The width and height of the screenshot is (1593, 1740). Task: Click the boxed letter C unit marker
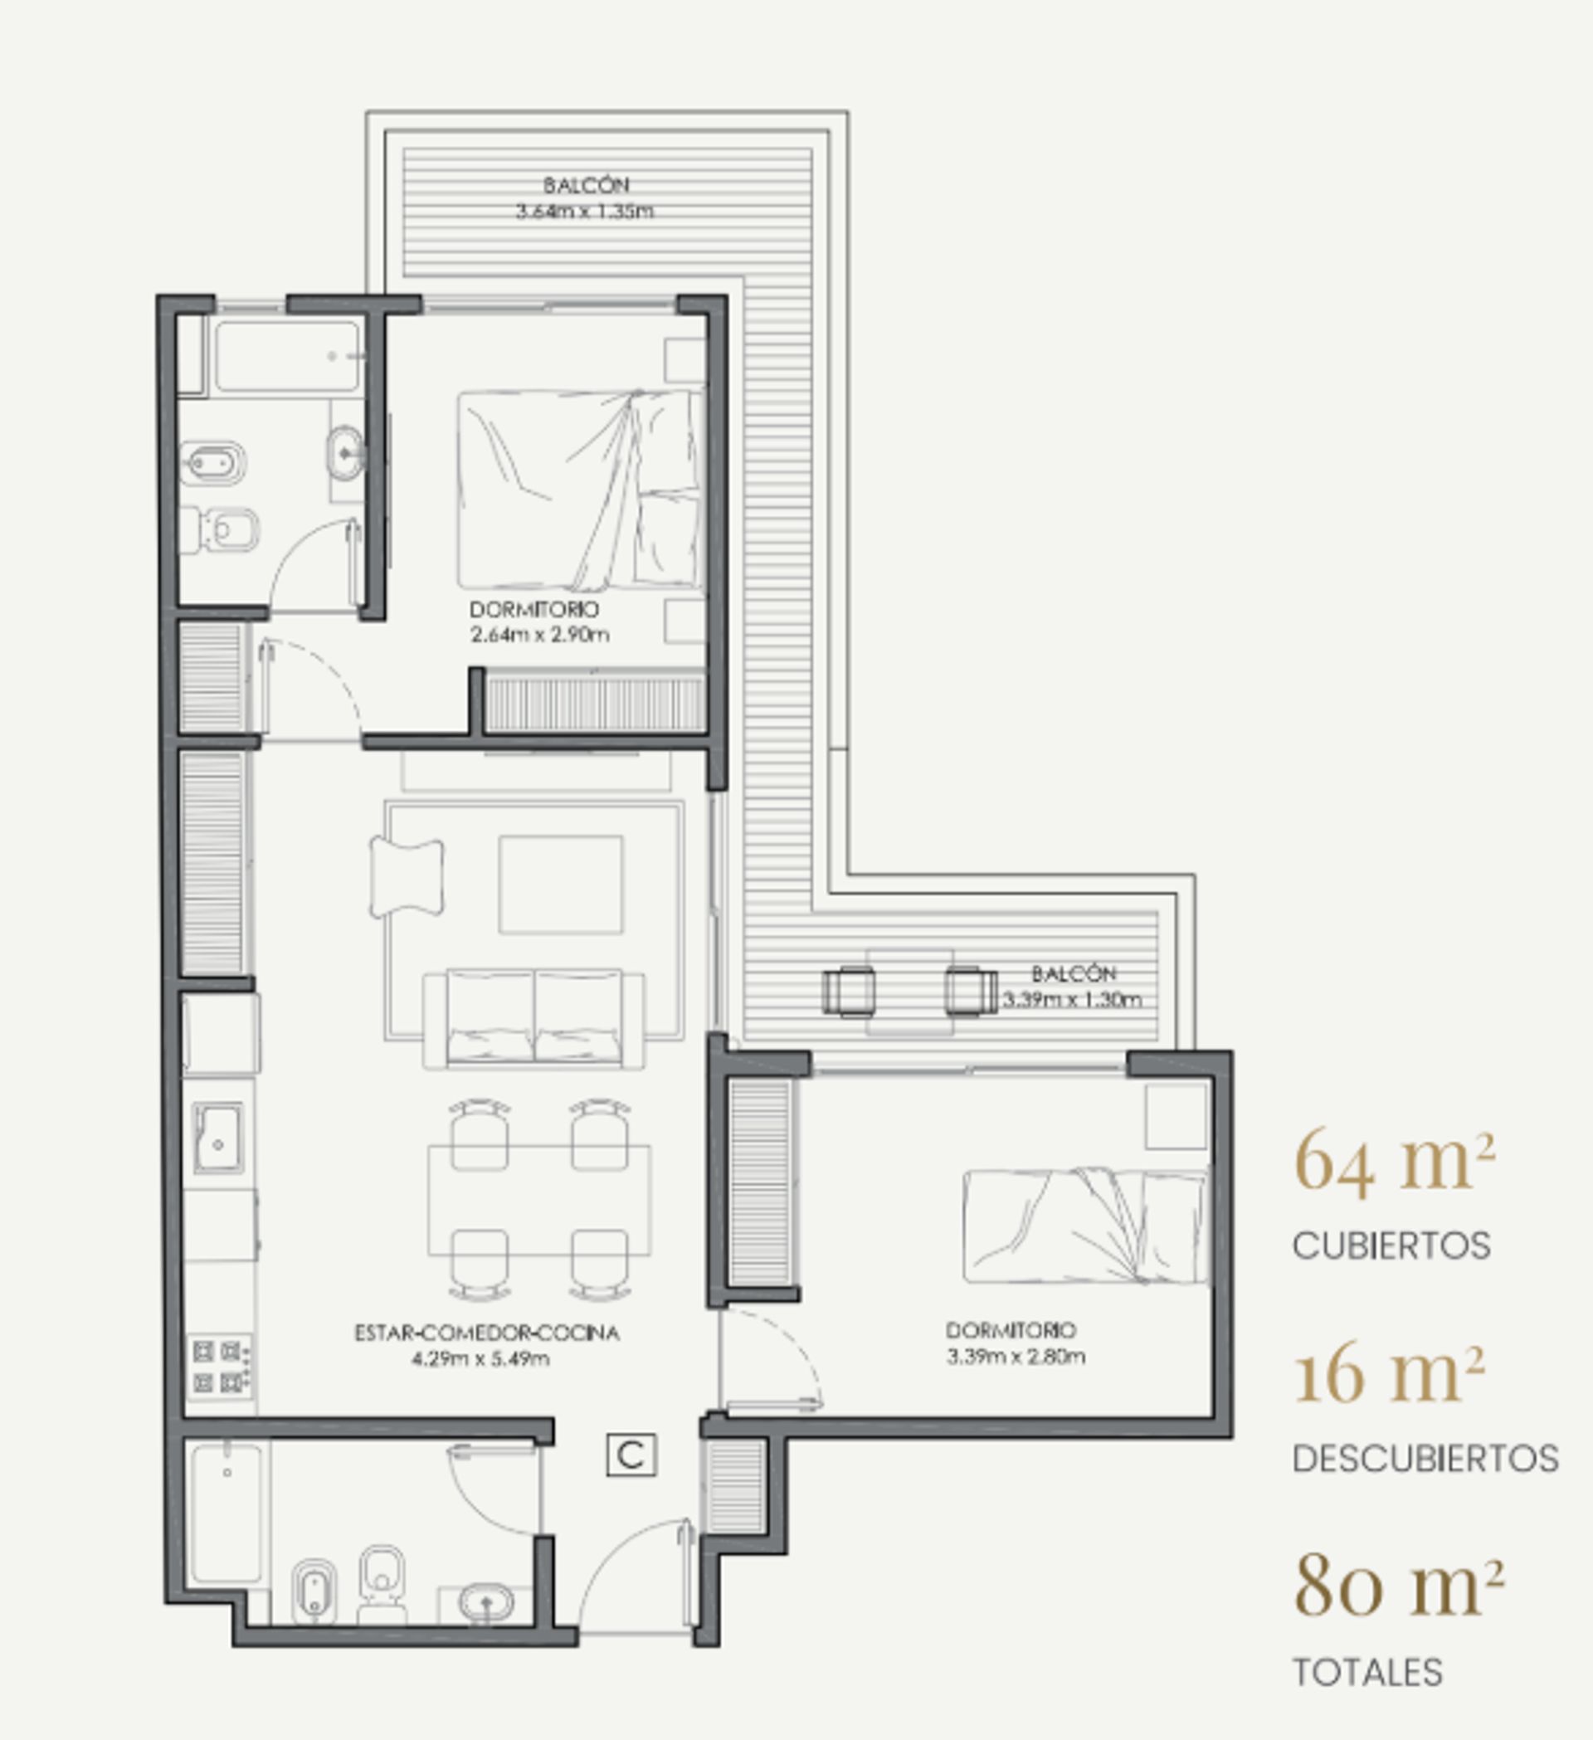[x=631, y=1455]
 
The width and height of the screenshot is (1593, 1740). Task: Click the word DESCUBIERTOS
[x=1425, y=1459]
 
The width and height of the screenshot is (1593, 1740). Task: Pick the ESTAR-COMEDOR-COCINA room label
[x=487, y=1333]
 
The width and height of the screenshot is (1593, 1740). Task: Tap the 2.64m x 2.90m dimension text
[x=540, y=636]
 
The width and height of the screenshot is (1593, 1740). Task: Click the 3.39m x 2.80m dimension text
[x=1016, y=1356]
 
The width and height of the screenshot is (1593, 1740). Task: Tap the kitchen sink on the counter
[x=218, y=1138]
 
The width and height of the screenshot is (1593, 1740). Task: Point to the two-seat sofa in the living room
[x=533, y=1018]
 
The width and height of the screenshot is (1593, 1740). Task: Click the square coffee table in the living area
[x=560, y=884]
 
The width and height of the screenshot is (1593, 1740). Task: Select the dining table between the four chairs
[x=539, y=1200]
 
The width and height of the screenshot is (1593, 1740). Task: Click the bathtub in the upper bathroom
[x=286, y=356]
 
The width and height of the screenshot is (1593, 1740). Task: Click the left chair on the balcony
[x=848, y=991]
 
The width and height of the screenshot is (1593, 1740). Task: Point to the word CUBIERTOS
[x=1391, y=1245]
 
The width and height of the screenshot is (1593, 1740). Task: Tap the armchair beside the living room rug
[x=407, y=877]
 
